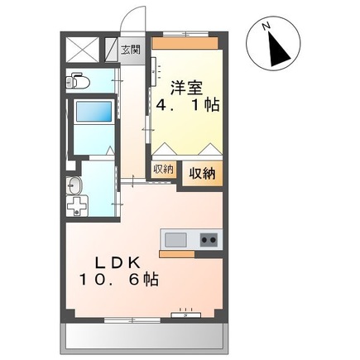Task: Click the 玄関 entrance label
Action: pyautogui.click(x=131, y=50)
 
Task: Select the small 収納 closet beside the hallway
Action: pyautogui.click(x=163, y=169)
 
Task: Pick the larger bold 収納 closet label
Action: pyautogui.click(x=204, y=173)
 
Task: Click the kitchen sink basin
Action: pyautogui.click(x=175, y=240)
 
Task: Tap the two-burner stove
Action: pyautogui.click(x=206, y=241)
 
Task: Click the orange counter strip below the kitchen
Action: pyautogui.click(x=190, y=252)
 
